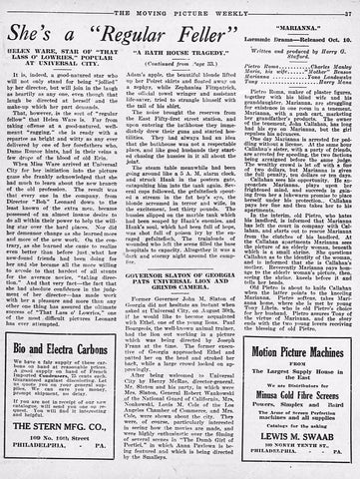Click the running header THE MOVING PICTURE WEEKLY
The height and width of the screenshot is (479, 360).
185,9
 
